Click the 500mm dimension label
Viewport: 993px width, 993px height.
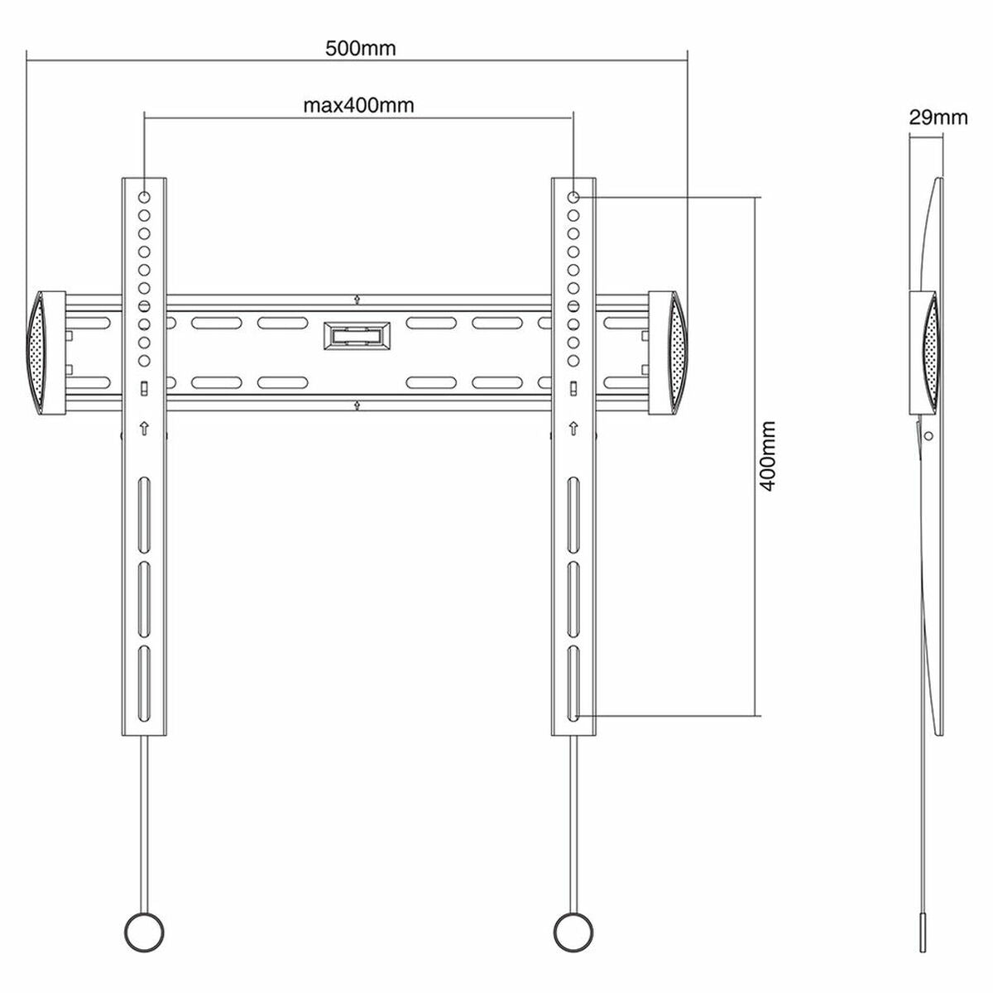[360, 48]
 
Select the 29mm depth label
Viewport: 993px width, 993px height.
[938, 117]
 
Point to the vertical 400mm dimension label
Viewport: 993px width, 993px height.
[767, 456]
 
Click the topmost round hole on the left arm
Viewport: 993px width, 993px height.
[145, 198]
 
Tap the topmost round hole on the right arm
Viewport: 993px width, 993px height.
[573, 198]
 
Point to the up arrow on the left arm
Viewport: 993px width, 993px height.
[145, 428]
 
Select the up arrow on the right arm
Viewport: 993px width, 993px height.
[573, 428]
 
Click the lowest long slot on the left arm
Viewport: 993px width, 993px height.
[145, 671]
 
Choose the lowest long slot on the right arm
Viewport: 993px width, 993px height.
[573, 671]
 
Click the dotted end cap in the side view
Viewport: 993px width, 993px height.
[932, 353]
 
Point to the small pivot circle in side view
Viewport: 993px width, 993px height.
[928, 435]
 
